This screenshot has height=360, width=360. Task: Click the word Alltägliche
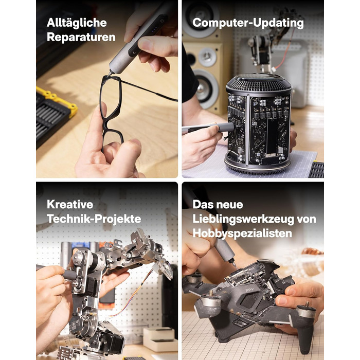pyautogui.click(x=77, y=23)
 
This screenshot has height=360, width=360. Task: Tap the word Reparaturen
pyautogui.click(x=81, y=37)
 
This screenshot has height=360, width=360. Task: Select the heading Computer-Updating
pyautogui.click(x=248, y=23)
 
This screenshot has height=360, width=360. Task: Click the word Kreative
pyautogui.click(x=70, y=204)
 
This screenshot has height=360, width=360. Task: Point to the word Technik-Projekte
pyautogui.click(x=94, y=219)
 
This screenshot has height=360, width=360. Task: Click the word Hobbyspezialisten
pyautogui.click(x=242, y=233)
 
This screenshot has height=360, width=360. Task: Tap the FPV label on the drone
pyautogui.click(x=249, y=290)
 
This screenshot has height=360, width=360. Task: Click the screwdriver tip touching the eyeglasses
pyautogui.click(x=110, y=74)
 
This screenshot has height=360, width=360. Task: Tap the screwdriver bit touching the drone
pyautogui.click(x=234, y=263)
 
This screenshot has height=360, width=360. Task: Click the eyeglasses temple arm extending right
pyautogui.click(x=149, y=90)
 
